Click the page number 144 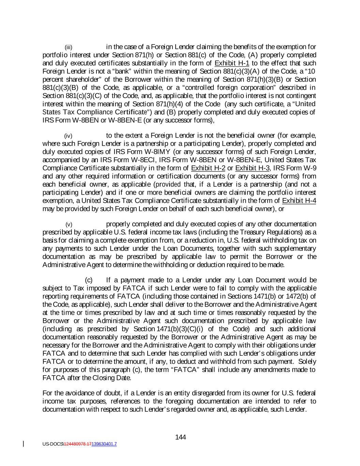click(x=180, y=437)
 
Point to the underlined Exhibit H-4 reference click(x=299, y=201)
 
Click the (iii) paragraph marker click(x=69, y=47)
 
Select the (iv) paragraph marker click(x=69, y=136)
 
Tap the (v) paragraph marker click(x=69, y=225)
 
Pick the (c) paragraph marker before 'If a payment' click(x=89, y=280)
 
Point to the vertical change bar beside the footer click(x=24, y=444)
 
